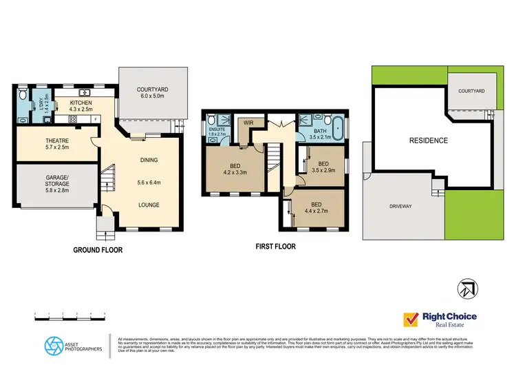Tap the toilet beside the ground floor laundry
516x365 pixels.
pos(23,93)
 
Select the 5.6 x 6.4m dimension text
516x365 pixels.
pos(149,182)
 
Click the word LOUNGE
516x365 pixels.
pos(149,205)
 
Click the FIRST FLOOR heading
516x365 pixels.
pos(275,244)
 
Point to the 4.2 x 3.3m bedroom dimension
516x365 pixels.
pos(234,173)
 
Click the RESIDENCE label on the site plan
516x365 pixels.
pos(429,140)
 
